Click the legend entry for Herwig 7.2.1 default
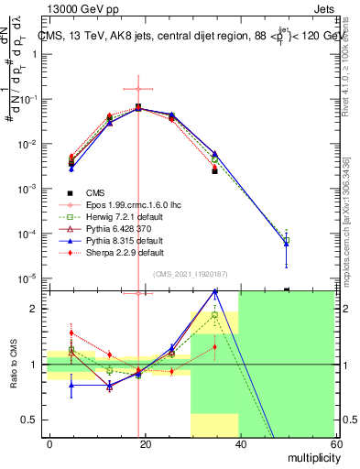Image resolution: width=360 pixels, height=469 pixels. [120, 217]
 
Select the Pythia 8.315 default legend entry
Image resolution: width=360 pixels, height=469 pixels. [120, 241]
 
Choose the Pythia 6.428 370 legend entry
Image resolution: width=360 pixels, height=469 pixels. [114, 229]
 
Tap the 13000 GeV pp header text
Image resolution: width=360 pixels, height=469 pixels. [69, 8]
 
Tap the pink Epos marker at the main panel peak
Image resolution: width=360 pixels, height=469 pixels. [138, 89]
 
